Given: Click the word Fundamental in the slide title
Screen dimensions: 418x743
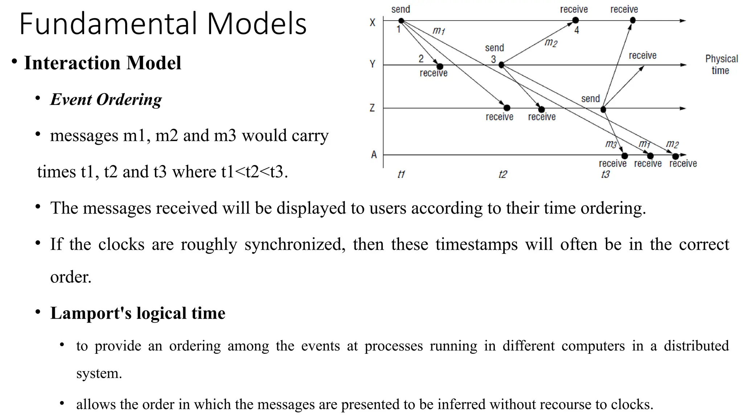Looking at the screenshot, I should (x=109, y=24).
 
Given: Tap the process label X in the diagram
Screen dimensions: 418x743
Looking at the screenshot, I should (x=373, y=22).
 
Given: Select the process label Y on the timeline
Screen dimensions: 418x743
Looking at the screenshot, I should (x=373, y=64).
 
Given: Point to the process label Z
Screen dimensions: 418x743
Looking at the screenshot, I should (x=372, y=108).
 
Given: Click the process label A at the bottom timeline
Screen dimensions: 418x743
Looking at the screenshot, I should (x=374, y=155).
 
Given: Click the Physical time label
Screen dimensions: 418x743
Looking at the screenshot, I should (x=721, y=65).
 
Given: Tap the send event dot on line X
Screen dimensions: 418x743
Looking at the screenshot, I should (x=401, y=21).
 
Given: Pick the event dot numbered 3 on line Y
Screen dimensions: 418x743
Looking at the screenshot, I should (x=501, y=65).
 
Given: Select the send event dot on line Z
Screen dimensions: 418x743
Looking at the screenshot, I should (x=603, y=109).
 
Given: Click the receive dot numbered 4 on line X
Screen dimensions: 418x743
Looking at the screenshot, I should (x=575, y=20).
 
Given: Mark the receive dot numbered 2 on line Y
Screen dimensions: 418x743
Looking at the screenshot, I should (x=440, y=66).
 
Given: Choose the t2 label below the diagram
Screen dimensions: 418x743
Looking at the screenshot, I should (x=502, y=175).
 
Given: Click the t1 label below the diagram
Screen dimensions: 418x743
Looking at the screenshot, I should (x=401, y=175).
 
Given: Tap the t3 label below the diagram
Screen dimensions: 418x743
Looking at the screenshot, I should (x=606, y=175).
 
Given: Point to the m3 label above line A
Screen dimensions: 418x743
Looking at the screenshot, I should (x=611, y=144).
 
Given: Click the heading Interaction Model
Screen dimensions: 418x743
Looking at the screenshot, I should (x=103, y=63).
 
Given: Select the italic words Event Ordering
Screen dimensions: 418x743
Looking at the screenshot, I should (x=106, y=99).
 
